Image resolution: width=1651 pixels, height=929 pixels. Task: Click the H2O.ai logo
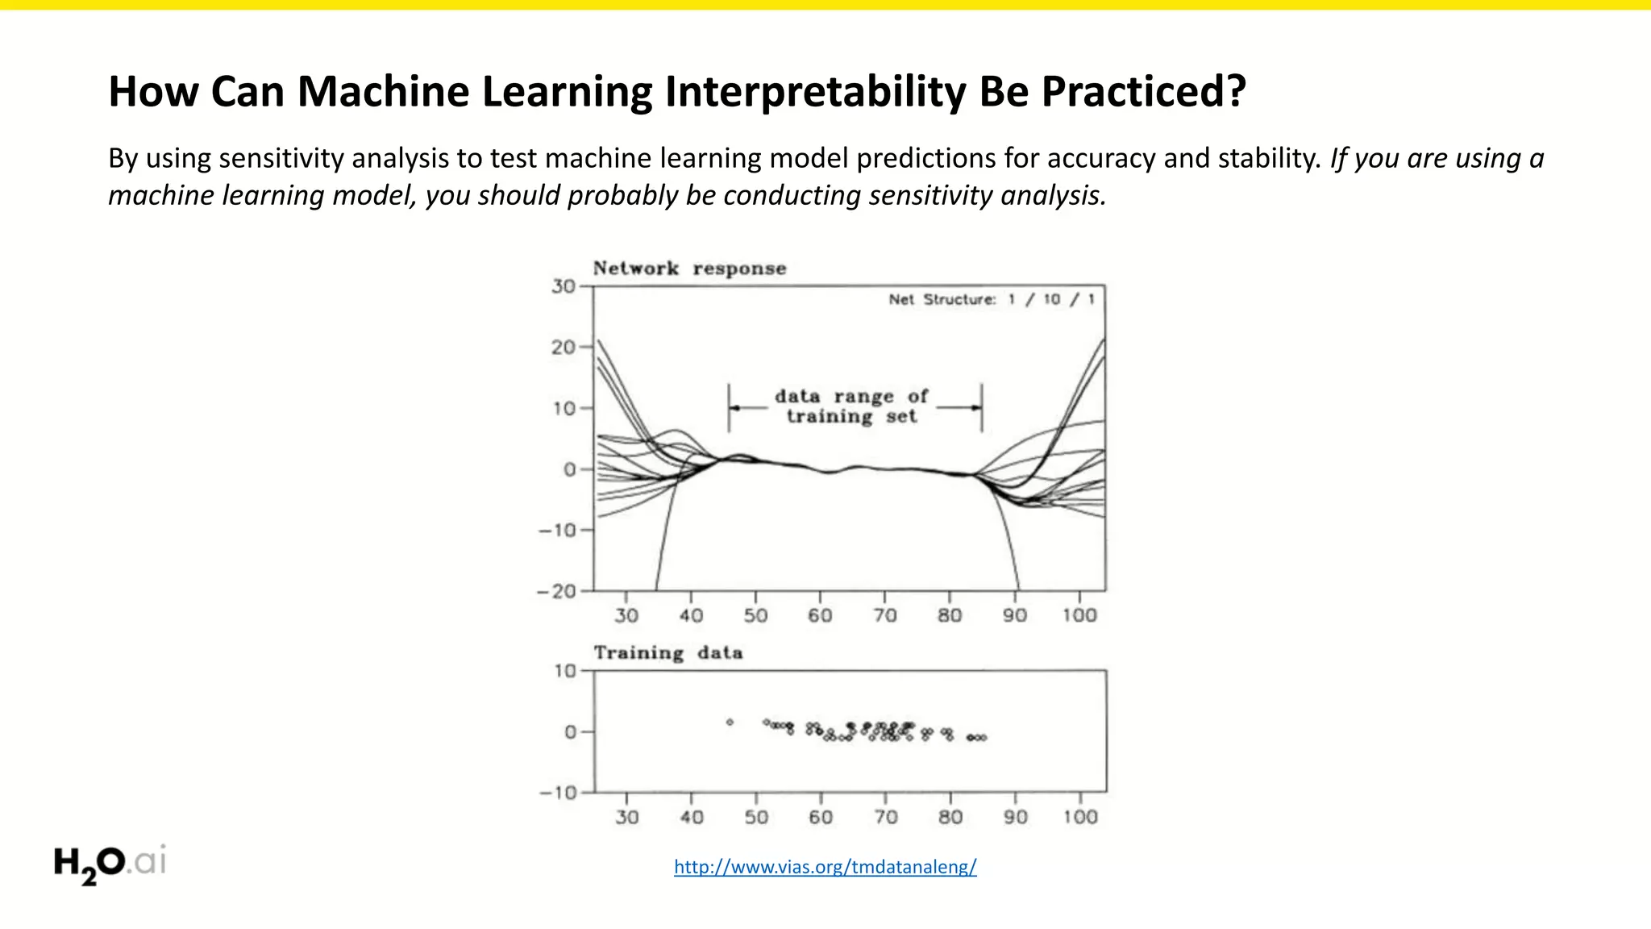(x=110, y=864)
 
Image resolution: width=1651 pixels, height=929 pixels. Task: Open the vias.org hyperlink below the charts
(x=825, y=867)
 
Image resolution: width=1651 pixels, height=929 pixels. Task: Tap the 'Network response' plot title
(x=689, y=269)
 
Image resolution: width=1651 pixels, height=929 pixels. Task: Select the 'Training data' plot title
(x=667, y=652)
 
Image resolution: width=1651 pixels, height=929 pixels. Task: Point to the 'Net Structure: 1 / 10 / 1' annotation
(x=991, y=300)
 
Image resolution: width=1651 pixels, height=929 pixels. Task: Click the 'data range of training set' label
(x=851, y=406)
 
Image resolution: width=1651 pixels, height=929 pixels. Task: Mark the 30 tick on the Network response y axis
(x=564, y=286)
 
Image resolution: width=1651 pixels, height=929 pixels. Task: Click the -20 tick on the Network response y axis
(x=557, y=591)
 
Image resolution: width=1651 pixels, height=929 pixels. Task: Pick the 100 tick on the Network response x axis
(x=1079, y=615)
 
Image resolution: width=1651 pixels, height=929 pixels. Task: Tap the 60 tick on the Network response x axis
(x=820, y=615)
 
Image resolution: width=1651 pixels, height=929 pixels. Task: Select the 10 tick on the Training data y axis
(x=565, y=671)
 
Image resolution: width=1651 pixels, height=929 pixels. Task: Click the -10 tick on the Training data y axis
(x=559, y=793)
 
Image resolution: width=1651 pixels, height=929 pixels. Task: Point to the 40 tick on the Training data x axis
(x=692, y=817)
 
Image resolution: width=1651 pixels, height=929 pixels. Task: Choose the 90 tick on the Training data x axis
(x=1015, y=817)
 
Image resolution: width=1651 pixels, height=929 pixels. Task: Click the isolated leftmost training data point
(x=730, y=723)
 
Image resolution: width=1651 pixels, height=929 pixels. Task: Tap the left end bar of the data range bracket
(x=729, y=407)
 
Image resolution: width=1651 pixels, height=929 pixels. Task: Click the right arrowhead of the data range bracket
(x=976, y=407)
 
